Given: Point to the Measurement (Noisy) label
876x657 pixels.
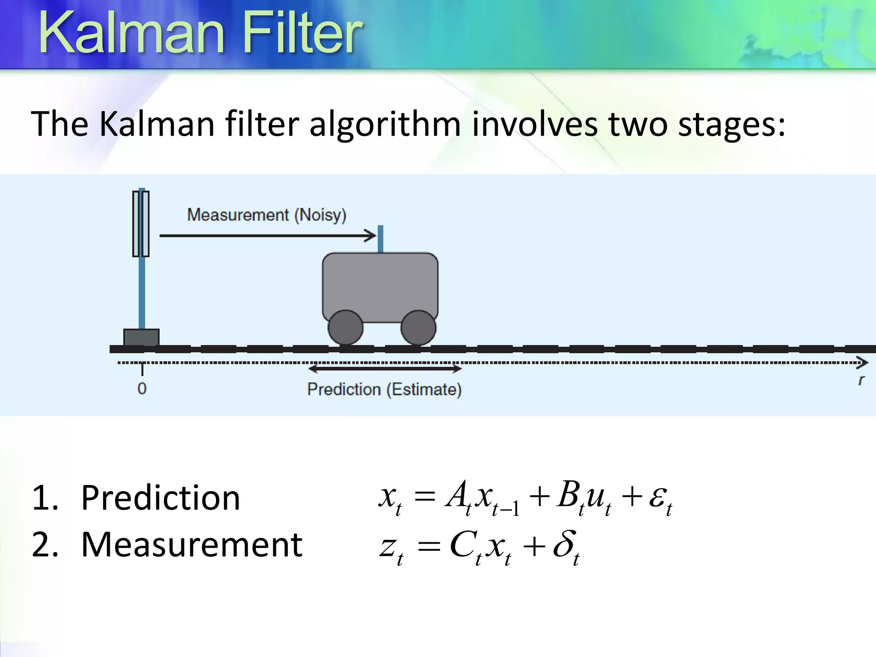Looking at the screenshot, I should pyautogui.click(x=266, y=215).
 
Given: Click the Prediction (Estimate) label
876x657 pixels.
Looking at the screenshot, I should pyautogui.click(x=384, y=389).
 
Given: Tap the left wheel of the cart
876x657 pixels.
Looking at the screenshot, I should pyautogui.click(x=346, y=328).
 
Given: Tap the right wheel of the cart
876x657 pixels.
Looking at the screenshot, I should pyautogui.click(x=418, y=328).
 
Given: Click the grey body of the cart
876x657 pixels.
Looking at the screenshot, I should pyautogui.click(x=380, y=284).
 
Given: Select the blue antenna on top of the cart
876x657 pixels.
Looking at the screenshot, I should pyautogui.click(x=380, y=239).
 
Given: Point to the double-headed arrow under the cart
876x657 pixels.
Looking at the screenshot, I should pyautogui.click(x=384, y=368).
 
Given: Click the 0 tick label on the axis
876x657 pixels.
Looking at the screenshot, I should pyautogui.click(x=142, y=388).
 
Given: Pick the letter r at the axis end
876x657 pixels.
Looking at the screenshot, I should pyautogui.click(x=861, y=380).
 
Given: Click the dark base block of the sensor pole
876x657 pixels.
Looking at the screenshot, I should pyautogui.click(x=141, y=337).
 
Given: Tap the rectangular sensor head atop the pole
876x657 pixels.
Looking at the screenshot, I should pyautogui.click(x=141, y=224).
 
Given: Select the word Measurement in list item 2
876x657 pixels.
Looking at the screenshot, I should pyautogui.click(x=192, y=545).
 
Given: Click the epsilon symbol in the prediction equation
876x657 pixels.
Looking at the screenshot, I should pyautogui.click(x=657, y=497).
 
